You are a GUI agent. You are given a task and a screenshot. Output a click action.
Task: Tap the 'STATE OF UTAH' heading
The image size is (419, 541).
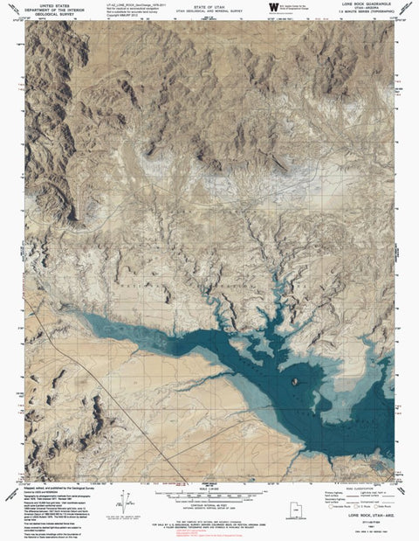pyautogui.click(x=211, y=4)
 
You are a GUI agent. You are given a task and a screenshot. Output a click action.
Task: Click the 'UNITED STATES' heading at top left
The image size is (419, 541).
pyautogui.click(x=52, y=4)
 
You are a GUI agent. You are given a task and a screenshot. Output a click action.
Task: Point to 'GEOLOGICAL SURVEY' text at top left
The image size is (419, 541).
pyautogui.click(x=52, y=14)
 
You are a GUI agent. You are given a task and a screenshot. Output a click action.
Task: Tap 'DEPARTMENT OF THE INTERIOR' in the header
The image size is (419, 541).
pyautogui.click(x=52, y=9)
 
